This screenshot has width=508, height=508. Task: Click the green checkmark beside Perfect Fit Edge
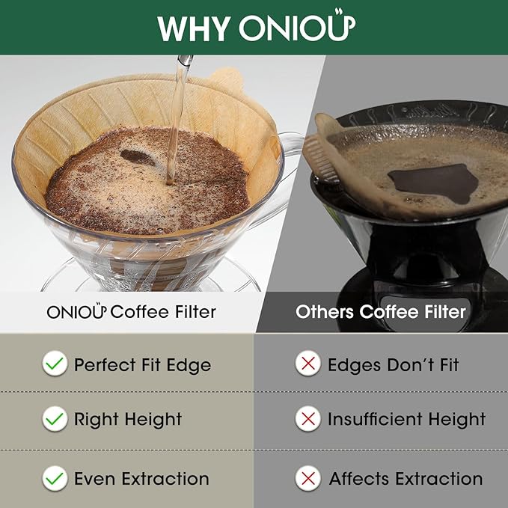click(54, 364)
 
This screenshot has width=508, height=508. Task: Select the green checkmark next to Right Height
click(54, 418)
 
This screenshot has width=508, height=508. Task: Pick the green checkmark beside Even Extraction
click(54, 477)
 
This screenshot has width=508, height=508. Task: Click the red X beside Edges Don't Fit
click(307, 364)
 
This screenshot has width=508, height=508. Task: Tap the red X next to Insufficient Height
click(307, 418)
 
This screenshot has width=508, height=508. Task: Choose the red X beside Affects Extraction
click(307, 477)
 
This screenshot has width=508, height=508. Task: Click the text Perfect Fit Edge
click(142, 365)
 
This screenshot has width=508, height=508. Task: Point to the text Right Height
click(128, 419)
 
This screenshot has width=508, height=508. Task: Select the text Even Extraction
click(141, 478)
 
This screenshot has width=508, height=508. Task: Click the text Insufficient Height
click(406, 419)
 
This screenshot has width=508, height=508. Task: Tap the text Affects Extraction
click(406, 478)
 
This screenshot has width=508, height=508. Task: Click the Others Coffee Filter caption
click(380, 311)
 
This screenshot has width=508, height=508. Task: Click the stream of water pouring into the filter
click(177, 112)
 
